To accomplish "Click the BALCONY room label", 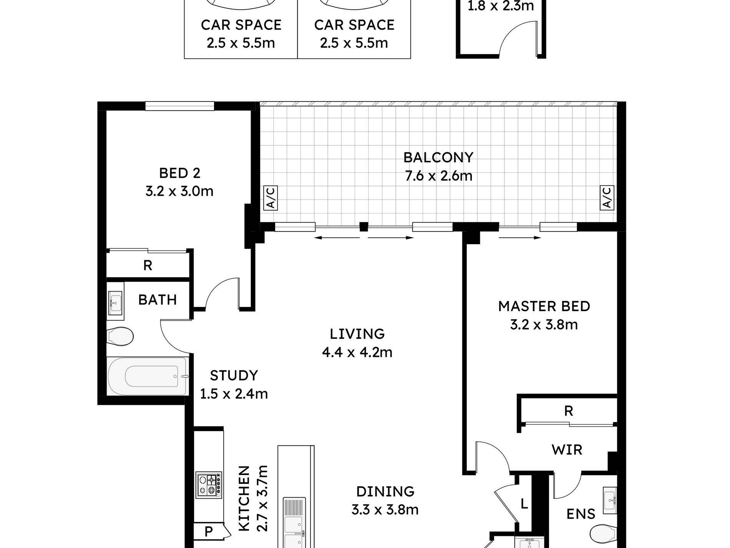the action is coord(438,157).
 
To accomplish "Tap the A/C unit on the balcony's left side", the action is coord(271,198).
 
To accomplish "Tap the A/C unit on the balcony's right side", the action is coord(607,198).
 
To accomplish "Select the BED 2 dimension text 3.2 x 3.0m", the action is coord(179,191).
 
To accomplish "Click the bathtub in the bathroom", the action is coord(148,376).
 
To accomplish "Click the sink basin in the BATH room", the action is coord(115,301).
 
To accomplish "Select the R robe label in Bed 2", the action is coord(148,265).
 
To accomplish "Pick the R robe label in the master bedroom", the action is coord(569,411).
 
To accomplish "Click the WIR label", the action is coord(567,450).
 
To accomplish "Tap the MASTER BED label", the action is coord(544,306).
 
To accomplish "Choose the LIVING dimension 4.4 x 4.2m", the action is coord(357,352).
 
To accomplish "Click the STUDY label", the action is coord(234,375).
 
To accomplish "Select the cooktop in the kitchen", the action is coord(209,485).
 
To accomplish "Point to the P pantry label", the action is coord(209,532).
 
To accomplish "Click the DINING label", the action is coord(385,491).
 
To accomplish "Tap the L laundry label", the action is coord(524,504).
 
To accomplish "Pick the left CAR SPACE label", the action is coord(241,25).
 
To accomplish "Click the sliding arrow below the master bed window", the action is coord(520,238).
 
